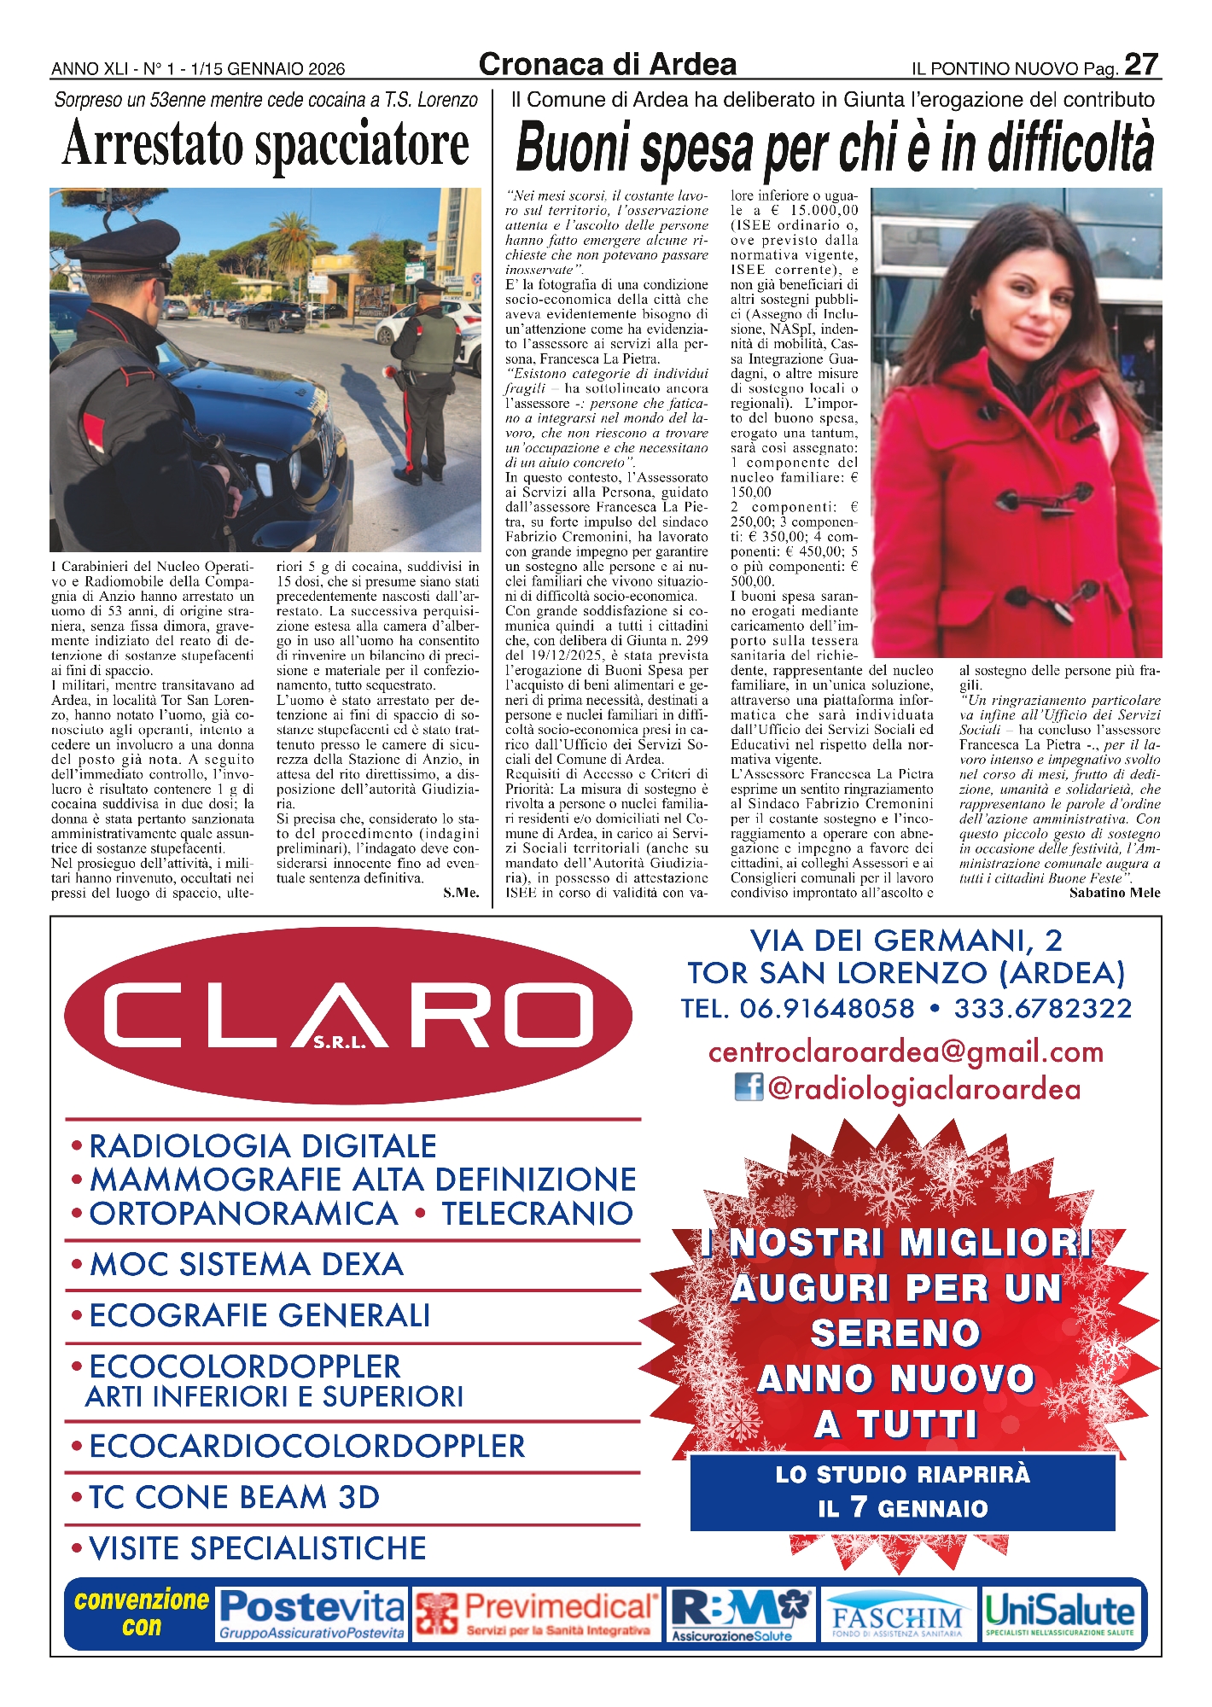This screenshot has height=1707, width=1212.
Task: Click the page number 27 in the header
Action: coord(1141,65)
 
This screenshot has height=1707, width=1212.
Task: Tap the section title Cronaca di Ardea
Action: coord(607,65)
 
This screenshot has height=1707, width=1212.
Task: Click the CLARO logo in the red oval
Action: coord(348,1015)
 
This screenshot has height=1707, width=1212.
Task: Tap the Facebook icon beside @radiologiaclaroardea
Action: coord(748,1087)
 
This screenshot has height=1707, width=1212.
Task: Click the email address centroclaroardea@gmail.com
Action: coord(906,1052)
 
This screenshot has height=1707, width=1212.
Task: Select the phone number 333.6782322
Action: coord(1042,1008)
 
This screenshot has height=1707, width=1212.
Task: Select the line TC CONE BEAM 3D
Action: coord(234,1497)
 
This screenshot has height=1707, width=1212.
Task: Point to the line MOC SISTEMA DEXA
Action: coord(246,1264)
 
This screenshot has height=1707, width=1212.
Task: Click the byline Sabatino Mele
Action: coord(1114,893)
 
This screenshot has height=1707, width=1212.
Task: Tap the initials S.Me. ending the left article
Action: coord(461,893)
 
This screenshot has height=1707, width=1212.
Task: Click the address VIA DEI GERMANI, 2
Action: coord(906,941)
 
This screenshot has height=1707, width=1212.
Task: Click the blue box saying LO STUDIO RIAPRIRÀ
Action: coord(902,1491)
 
